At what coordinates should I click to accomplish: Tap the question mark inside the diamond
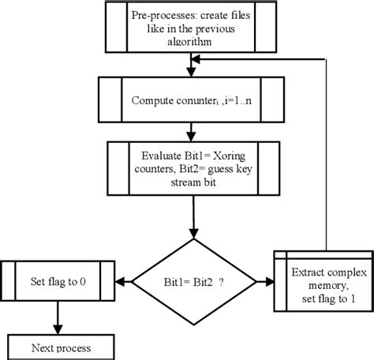coord(233,281)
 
